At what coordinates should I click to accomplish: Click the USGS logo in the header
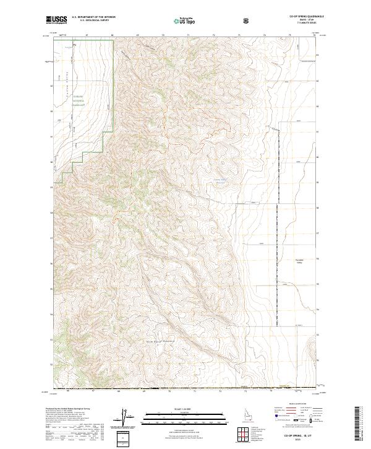56,20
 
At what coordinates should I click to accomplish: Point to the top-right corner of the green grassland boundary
114,42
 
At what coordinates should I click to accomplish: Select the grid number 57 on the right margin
317,233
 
